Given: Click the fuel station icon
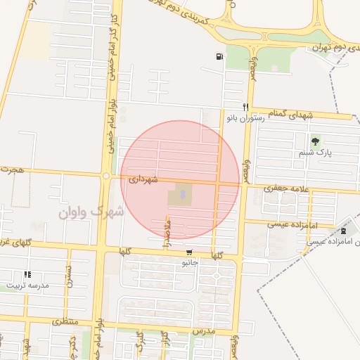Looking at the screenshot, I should coord(221,57).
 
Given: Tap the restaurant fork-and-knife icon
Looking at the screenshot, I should coord(245,107).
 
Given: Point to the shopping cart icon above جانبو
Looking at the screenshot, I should coord(188,252).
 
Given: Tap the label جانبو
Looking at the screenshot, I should coord(191,264).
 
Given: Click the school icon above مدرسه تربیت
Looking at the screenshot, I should coord(27,275).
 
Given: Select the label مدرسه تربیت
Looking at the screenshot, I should coord(28,286).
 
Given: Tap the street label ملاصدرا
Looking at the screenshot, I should coord(167,233).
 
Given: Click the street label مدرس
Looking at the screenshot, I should coord(221,330).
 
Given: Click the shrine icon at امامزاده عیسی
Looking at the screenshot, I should coord(343,231).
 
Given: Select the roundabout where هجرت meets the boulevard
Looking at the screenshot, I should coord(105,176).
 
